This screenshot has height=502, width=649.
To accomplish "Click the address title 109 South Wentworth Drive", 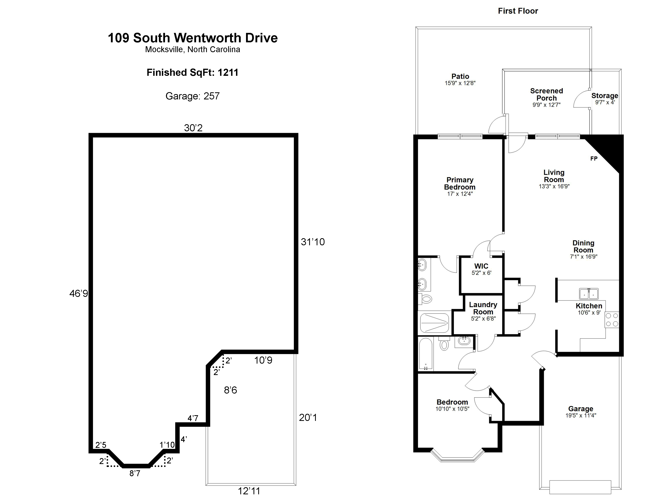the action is (193, 38).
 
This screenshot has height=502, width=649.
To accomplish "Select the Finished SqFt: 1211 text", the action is (193, 73).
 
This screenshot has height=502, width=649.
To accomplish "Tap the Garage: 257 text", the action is (193, 96).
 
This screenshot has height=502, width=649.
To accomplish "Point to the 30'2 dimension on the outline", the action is (193, 128).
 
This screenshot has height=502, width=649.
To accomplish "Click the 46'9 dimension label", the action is (79, 294).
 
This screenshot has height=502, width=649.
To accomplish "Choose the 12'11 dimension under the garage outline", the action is (249, 491).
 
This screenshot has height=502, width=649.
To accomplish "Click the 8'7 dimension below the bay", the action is (135, 473).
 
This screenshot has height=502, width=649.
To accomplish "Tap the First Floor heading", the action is (518, 11).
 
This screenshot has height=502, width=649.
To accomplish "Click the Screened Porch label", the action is (547, 94).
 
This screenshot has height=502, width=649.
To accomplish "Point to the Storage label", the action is (605, 96).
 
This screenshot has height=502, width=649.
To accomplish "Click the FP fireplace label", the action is (594, 159).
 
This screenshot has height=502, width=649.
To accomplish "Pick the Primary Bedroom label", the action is (460, 183).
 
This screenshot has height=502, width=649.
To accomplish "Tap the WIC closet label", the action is (481, 266).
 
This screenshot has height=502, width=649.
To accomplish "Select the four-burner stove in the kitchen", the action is (612, 320).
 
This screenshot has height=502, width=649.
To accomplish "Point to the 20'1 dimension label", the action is (308, 418).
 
